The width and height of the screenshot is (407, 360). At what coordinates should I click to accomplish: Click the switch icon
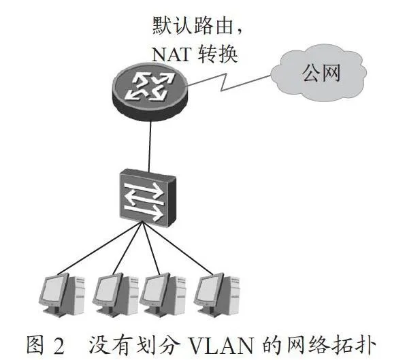148,198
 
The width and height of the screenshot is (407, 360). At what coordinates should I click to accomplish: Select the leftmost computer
62,295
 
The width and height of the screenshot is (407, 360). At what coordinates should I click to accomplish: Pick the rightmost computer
216,294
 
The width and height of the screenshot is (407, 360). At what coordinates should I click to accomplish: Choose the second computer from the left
115,295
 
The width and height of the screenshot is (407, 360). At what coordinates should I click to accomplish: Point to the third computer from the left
163,294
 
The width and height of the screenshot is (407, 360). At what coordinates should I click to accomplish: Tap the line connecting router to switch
150,146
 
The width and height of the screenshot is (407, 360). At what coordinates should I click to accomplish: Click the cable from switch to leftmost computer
100,248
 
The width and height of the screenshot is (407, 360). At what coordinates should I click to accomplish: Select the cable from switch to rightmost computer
178,248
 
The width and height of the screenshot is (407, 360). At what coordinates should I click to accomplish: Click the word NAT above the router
172,54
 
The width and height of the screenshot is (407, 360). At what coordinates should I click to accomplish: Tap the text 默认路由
193,26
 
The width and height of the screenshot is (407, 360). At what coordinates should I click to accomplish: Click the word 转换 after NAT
218,54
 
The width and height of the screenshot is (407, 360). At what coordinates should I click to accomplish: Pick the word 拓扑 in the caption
355,345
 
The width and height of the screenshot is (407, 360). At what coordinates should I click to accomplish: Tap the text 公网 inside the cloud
321,73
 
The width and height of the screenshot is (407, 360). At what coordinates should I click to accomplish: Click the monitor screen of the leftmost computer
54,289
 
